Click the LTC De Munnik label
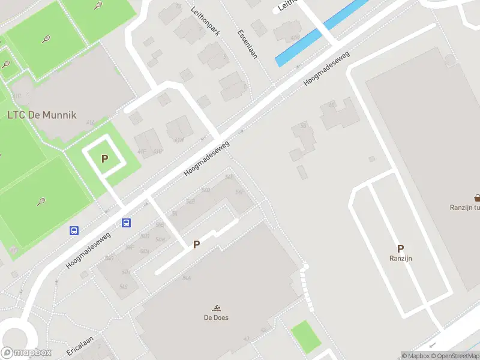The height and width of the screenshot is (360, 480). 41,115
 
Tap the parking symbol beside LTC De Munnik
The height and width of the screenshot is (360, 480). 104,159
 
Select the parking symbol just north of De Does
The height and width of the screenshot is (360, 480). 196,245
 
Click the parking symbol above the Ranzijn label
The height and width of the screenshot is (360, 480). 400,248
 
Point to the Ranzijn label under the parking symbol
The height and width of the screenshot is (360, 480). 400,259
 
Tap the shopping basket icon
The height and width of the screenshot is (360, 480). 477,197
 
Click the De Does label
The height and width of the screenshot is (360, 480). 216,317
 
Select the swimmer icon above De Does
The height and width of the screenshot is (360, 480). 216,307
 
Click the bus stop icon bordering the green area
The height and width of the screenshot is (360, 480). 74,230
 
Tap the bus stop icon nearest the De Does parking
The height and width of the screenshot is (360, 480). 127,223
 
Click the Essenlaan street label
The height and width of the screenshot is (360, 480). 247,43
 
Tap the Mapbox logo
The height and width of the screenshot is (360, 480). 26,353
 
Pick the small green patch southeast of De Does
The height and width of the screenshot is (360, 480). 306,336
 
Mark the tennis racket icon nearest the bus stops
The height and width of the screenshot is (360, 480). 41,202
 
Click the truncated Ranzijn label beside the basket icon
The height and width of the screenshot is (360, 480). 465,208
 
